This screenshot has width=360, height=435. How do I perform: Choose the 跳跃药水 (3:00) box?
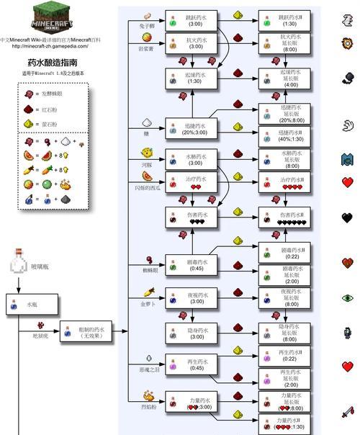tap(191, 19)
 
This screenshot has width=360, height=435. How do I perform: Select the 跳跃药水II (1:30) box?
tap(284, 19)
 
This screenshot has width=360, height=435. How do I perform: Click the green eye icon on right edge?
tap(347, 297)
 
